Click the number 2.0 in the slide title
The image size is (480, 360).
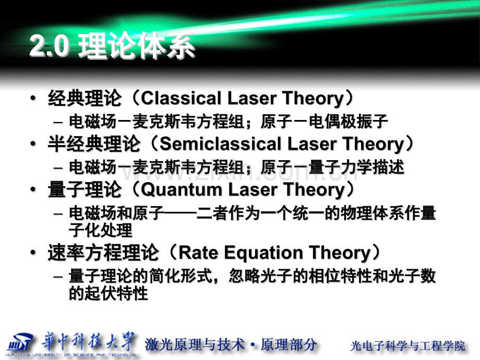49,48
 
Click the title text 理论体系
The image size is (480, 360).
136,48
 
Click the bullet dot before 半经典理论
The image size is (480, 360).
34,144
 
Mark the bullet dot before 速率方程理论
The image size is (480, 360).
34,254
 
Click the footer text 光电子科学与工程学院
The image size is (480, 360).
407,345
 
